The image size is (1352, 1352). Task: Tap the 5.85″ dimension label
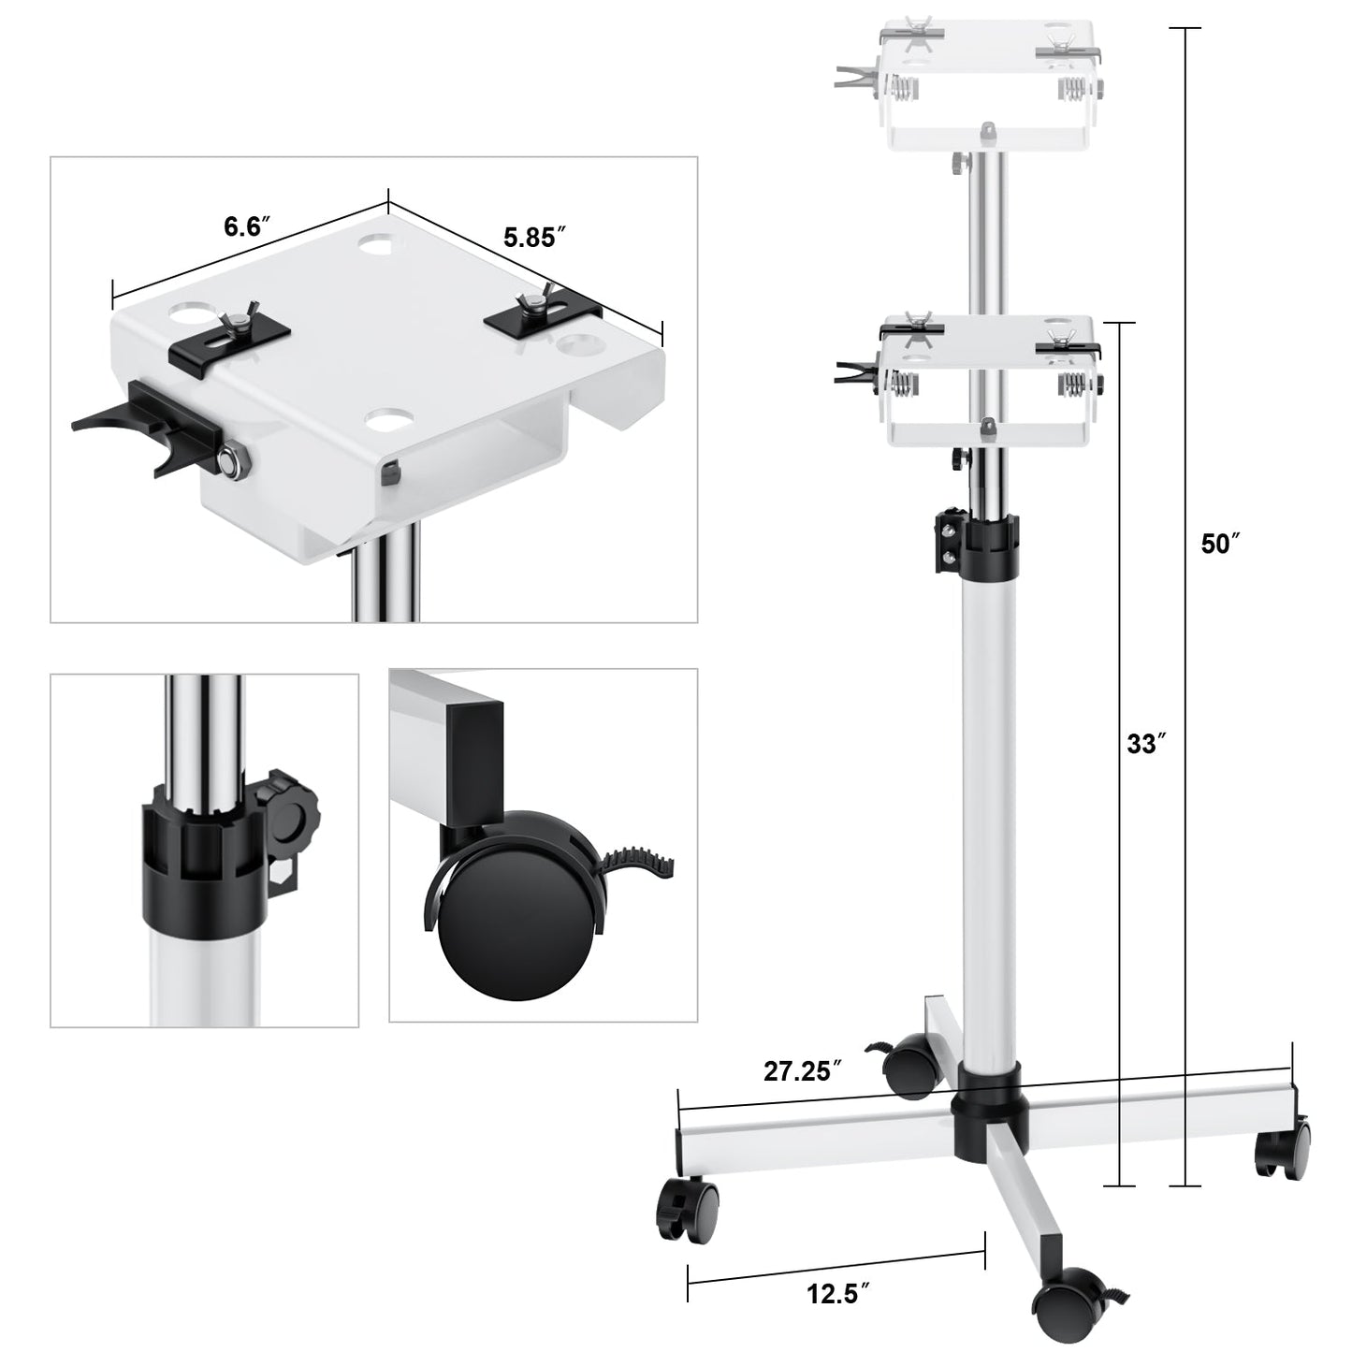[534, 237]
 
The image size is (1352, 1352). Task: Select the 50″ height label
[1221, 543]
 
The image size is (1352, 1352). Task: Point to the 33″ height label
[1146, 744]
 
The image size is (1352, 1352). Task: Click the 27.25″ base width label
[803, 1071]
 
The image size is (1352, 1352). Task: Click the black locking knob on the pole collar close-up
[290, 818]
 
